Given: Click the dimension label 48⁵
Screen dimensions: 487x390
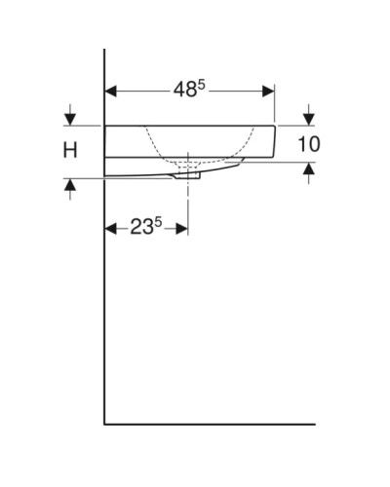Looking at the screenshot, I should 189,90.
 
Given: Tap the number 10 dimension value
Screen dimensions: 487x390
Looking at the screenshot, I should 308,143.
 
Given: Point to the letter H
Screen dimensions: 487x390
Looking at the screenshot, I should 70,150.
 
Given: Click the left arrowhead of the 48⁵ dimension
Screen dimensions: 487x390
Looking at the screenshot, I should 110,91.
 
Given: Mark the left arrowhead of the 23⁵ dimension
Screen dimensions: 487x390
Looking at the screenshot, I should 110,228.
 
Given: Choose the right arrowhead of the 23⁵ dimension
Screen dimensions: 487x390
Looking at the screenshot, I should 182,228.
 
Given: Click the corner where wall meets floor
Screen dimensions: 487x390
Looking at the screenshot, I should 104,425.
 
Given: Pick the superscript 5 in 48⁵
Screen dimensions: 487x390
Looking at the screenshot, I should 202,84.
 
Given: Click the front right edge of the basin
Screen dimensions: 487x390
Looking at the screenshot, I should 276,142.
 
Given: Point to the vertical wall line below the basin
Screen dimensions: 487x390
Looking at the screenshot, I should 104,312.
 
